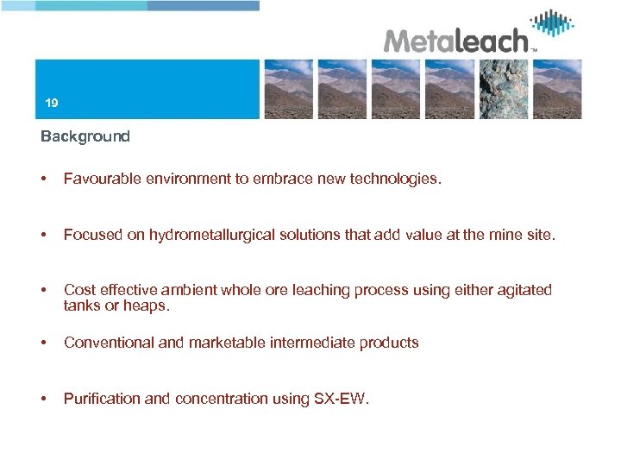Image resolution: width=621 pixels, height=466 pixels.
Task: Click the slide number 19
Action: (52, 104)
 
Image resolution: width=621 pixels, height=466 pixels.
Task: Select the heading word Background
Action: (85, 136)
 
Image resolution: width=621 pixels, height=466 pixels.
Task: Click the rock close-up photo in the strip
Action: (504, 89)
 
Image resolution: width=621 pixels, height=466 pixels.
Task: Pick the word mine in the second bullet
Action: (503, 235)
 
